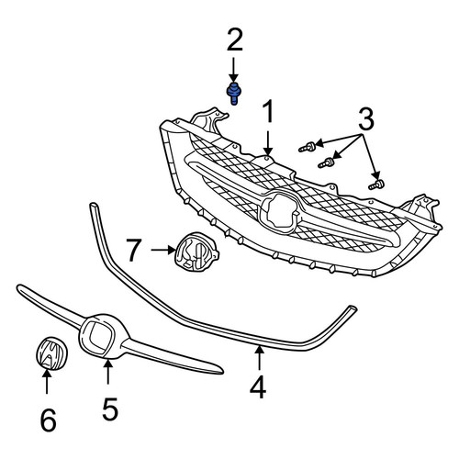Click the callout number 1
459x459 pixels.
[268, 112]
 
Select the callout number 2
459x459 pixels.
[235, 39]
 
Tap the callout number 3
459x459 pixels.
[366, 118]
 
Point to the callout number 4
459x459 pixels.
[259, 387]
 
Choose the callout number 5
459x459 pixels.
[110, 409]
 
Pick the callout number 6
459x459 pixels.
[49, 420]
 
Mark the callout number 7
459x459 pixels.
[134, 251]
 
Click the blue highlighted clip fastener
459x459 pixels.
[233, 94]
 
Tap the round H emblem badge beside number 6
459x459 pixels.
[51, 353]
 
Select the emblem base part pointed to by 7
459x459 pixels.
[196, 252]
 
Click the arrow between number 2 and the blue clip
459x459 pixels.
[234, 71]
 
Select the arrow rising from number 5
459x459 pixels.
[107, 372]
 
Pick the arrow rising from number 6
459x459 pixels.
[47, 381]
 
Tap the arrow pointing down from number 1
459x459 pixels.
[268, 143]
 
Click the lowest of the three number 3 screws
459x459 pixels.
[377, 185]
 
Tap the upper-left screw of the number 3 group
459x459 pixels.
[308, 147]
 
